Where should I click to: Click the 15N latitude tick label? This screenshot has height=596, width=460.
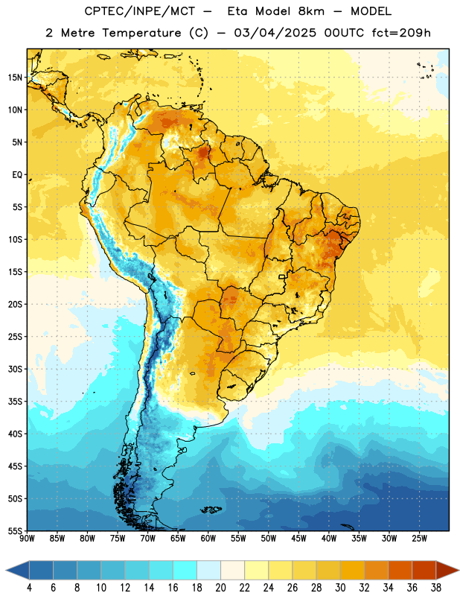(15, 77)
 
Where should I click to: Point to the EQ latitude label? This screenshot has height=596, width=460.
(17, 175)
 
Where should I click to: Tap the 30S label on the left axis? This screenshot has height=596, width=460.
(15, 369)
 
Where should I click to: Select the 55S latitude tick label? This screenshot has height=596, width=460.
(15, 531)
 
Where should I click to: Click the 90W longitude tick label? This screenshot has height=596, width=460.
(27, 539)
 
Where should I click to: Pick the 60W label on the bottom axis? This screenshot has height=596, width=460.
(208, 539)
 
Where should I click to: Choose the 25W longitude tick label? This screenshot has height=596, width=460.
(419, 539)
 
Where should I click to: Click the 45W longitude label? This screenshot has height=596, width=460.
(298, 539)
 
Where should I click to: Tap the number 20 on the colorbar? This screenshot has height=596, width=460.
(220, 588)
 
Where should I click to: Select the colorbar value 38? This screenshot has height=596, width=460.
(436, 588)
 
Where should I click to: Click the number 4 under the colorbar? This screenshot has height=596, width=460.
(29, 588)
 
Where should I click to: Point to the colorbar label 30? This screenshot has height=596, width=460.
(340, 588)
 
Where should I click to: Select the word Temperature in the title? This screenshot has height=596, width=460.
(141, 33)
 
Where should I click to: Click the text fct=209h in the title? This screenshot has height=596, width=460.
(401, 33)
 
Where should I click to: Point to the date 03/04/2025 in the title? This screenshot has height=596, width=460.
(275, 33)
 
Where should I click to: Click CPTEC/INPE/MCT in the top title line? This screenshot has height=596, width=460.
(140, 11)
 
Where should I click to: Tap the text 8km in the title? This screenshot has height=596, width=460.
(311, 11)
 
